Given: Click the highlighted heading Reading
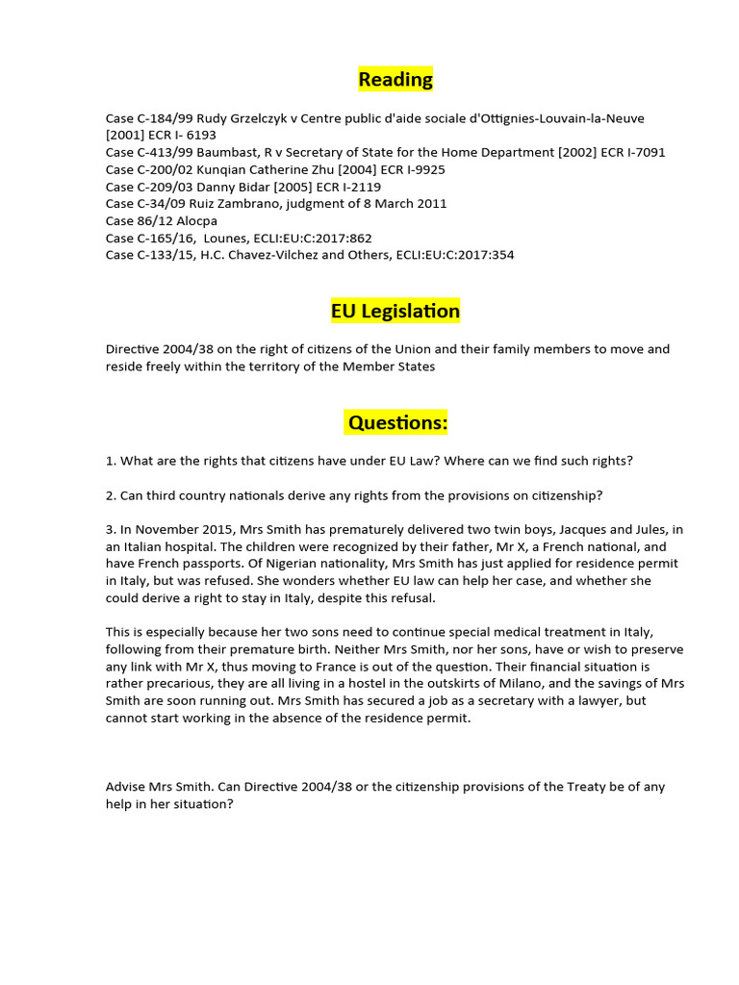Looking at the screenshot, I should click(395, 79).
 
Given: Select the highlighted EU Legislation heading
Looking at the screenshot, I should click(395, 311).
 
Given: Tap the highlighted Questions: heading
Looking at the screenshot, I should click(397, 422).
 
